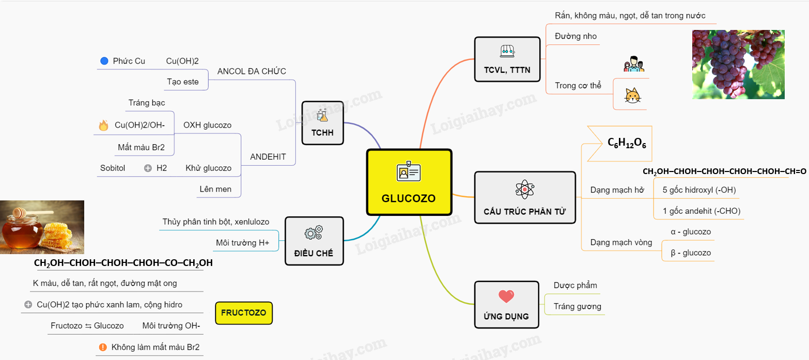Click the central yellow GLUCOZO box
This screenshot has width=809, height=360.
409,182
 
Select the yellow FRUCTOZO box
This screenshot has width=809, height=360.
243,313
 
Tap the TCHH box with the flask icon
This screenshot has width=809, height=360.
322,123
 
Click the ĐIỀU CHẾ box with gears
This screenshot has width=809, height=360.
314,241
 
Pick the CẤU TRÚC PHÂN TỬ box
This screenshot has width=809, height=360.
524,197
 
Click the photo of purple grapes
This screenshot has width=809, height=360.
738,64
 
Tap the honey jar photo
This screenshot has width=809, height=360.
42,227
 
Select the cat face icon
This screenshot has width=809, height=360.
631,96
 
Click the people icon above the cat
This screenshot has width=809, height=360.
634,65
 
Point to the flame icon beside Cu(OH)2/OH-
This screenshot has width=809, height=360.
103,125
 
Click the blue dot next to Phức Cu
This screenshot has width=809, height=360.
103,61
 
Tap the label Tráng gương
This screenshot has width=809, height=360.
577,306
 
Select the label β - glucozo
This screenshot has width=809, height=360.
690,253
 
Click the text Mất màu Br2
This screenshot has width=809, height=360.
141,147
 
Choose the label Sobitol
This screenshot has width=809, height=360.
113,168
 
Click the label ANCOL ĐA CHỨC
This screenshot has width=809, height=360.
252,71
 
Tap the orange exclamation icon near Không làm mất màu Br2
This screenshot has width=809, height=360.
103,347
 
